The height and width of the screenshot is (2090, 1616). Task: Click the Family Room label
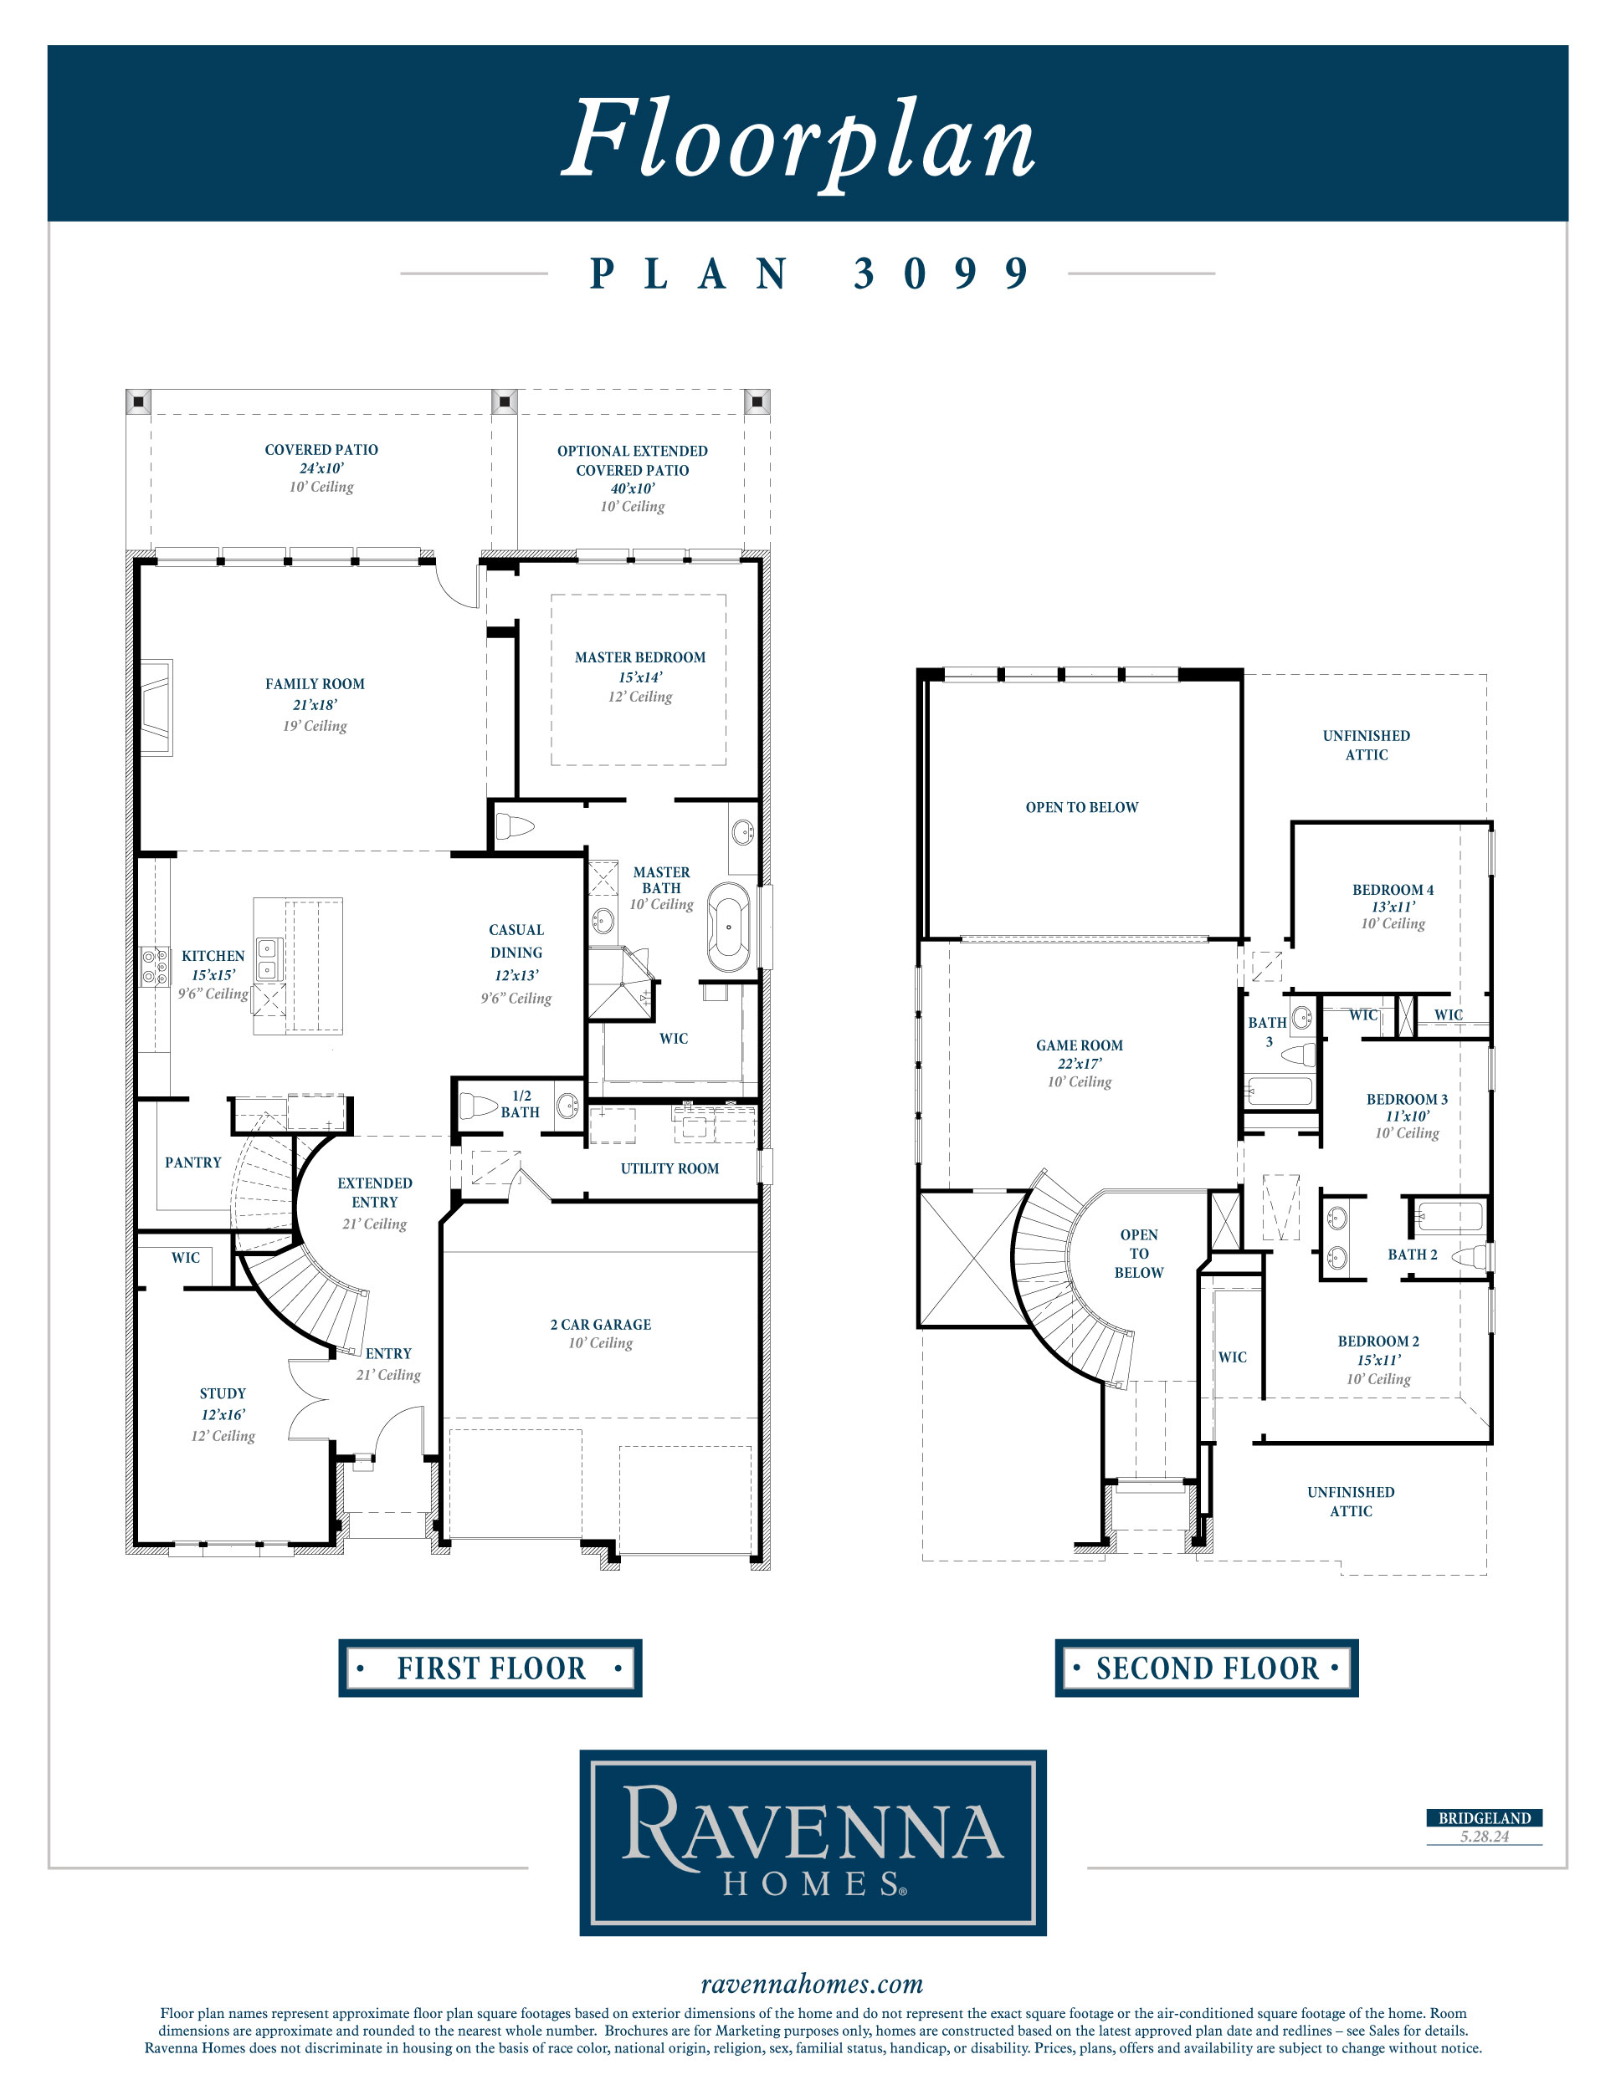coord(315,684)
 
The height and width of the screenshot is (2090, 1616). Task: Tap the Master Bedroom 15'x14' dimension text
coord(640,677)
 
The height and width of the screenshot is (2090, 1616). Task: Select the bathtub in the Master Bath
coord(729,927)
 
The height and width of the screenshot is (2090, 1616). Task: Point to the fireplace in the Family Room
coord(156,708)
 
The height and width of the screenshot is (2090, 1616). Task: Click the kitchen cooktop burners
coord(155,967)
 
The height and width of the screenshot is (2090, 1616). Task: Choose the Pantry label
coord(193,1163)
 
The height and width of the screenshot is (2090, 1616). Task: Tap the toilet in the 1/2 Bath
coord(478,1106)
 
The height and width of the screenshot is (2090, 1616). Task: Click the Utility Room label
coord(669,1168)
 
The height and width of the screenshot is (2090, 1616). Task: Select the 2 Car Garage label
coord(600,1325)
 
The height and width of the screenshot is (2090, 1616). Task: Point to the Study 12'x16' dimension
coord(223,1414)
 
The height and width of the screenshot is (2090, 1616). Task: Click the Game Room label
coord(1079,1045)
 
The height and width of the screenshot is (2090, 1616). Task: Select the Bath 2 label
coord(1412,1255)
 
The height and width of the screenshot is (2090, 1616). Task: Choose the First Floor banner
coord(490,1669)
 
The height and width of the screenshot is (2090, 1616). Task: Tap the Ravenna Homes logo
coord(813,1842)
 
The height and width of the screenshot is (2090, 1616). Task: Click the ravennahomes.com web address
coord(812,1984)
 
